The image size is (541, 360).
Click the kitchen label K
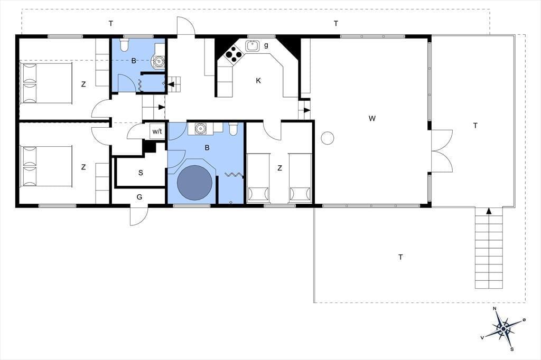tap(258, 81)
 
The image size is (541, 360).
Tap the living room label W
tap(371, 118)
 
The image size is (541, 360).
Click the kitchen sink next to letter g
tap(252, 45)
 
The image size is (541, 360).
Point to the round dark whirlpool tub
tap(194, 183)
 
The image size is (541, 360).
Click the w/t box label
tap(157, 131)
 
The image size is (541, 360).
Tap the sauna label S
tap(141, 173)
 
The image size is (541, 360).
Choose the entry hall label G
tap(139, 197)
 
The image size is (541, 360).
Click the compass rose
tap(503, 329)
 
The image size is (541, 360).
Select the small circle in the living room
tap(328, 138)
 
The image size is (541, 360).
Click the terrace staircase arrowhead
tap(489, 211)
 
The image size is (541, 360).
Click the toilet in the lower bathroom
tap(233, 128)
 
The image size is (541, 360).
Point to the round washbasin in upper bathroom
tap(158, 62)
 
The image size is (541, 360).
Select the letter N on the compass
tap(495, 308)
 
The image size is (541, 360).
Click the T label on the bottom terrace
tap(400, 257)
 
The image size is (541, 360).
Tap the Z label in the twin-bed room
tap(279, 168)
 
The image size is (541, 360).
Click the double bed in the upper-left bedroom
tap(46, 83)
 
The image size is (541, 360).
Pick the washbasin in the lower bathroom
tap(200, 129)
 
